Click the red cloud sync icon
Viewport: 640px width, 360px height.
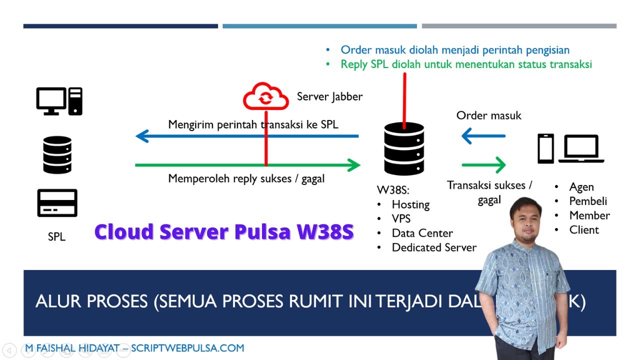265,97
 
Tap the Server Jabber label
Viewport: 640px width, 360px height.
329,96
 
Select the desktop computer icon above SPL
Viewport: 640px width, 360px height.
59,101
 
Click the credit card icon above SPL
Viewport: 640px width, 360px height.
57,202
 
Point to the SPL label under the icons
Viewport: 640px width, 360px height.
56,237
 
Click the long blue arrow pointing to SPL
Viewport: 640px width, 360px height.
247,136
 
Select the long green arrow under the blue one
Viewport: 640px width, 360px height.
248,164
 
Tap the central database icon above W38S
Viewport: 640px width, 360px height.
404,148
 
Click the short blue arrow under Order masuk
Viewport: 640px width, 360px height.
483,135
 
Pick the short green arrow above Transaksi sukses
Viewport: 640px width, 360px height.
483,164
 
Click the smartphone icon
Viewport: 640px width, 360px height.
545,148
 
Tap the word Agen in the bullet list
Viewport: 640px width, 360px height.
581,187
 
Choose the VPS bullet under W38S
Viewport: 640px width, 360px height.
401,219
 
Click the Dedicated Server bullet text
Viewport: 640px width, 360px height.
434,247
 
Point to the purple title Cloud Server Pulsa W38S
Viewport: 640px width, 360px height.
224,232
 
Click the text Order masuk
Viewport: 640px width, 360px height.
488,115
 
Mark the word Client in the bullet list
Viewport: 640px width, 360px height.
584,230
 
